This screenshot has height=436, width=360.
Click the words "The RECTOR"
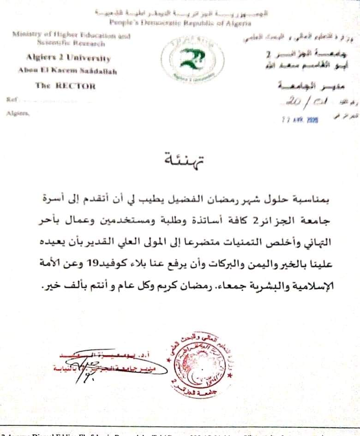coord(65,85)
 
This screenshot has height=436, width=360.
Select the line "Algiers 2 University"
coord(68,59)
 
